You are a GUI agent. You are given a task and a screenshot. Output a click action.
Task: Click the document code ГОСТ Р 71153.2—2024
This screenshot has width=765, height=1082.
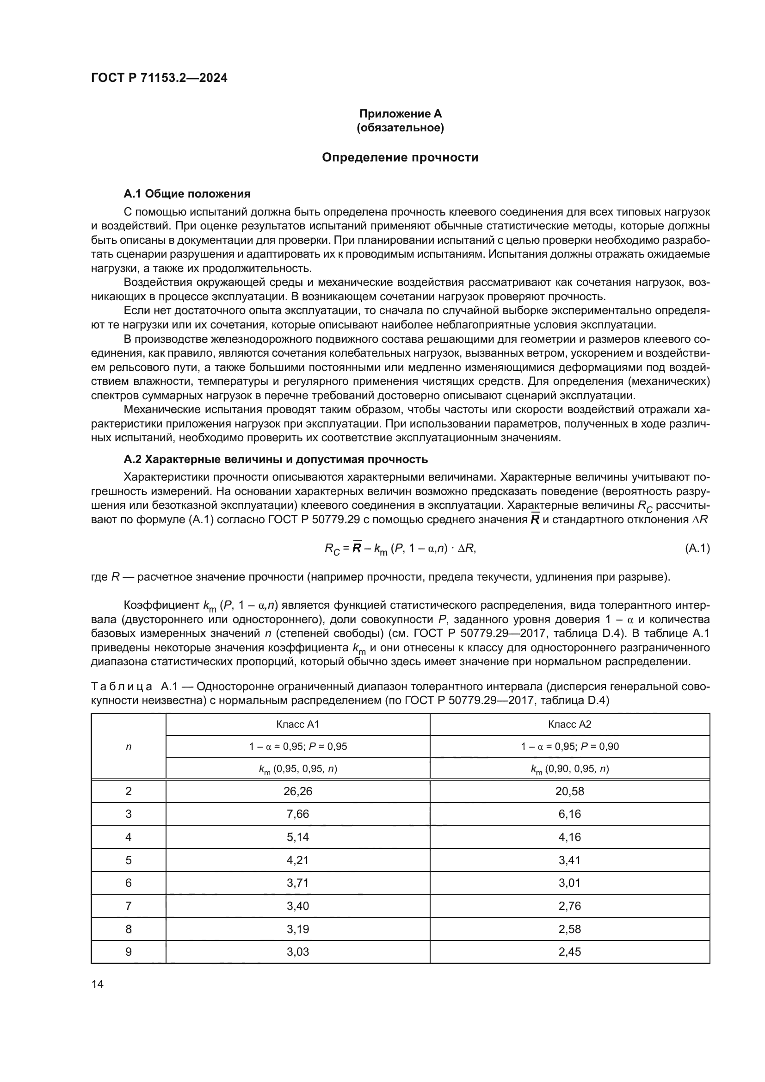coord(159,78)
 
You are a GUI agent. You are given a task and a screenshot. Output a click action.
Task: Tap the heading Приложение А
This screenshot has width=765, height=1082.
coord(401,114)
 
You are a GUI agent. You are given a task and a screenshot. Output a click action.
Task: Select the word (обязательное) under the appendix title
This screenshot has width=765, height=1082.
coord(401,128)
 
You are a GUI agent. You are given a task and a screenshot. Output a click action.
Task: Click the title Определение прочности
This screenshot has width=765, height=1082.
coord(400,157)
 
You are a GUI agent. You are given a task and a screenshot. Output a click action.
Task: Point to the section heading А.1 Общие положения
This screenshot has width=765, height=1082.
coord(187,194)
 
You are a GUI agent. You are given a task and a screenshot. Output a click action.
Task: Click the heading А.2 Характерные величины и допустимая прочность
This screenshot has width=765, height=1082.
coord(276,459)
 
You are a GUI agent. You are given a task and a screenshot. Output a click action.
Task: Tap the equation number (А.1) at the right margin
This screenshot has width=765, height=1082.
coord(697,548)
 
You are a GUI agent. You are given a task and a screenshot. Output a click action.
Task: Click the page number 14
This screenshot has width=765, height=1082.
coord(98,984)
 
